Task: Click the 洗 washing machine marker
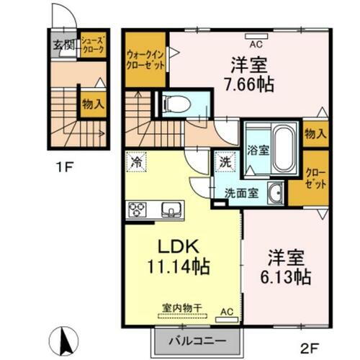point(225,163)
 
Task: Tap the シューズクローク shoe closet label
point(93,46)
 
